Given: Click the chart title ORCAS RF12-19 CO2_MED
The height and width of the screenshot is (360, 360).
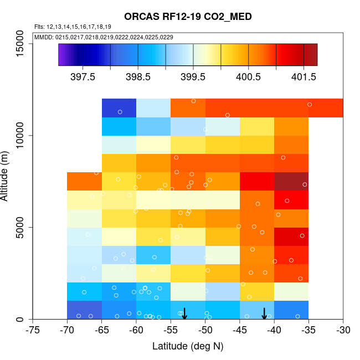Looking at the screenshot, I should (188, 17).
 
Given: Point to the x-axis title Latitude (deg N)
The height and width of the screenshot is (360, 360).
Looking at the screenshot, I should (188, 346).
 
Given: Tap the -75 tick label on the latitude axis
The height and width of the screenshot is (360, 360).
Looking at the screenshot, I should (33, 331).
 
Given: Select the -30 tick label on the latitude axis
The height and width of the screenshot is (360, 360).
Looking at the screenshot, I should (343, 331).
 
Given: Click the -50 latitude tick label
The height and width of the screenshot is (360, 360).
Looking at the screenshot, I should (205, 331).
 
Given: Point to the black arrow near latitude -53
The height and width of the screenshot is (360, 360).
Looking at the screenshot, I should (184, 313).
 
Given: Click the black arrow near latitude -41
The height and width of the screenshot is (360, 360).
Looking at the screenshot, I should (264, 313).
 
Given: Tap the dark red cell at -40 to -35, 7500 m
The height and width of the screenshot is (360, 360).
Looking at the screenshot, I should (291, 181).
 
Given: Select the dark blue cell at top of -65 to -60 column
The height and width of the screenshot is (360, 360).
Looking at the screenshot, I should (119, 107).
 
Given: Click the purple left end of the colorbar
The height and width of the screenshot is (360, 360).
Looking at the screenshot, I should (62, 55).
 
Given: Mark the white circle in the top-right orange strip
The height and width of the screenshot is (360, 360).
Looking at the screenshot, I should (310, 105).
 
